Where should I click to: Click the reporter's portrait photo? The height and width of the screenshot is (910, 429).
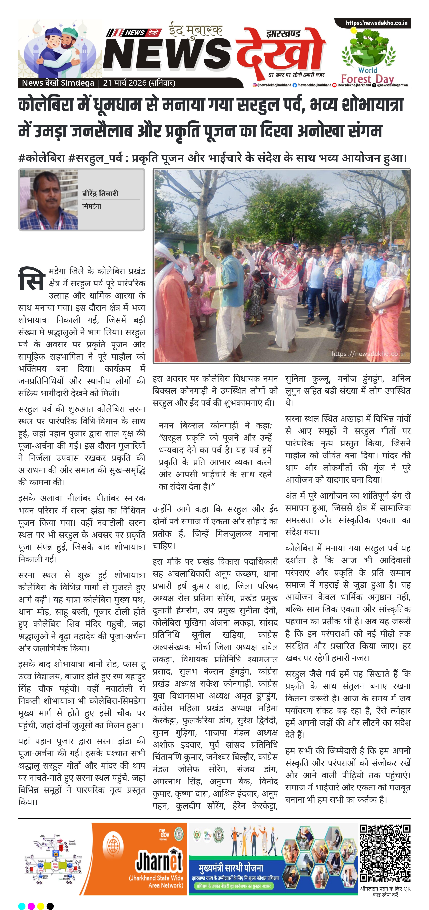pos(48,200)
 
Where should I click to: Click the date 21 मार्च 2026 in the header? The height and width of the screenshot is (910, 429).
pos(125,83)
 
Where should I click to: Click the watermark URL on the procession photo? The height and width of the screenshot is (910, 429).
pos(368,354)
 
